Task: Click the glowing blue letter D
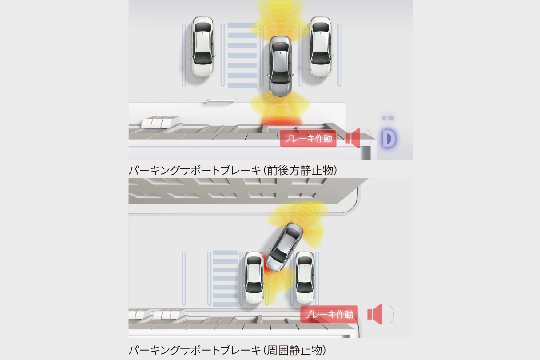389,139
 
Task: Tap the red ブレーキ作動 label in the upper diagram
308,139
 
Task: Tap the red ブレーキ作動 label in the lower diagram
329,314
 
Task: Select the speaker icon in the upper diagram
353,139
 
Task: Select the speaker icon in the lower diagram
375,314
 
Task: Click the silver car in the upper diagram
280,66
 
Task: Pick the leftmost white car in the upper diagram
203,47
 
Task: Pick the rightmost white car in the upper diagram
320,47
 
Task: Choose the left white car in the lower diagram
254,278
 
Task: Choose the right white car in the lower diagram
305,278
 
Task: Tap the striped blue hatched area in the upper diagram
242,55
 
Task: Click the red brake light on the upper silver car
281,44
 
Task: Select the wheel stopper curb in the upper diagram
222,100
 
